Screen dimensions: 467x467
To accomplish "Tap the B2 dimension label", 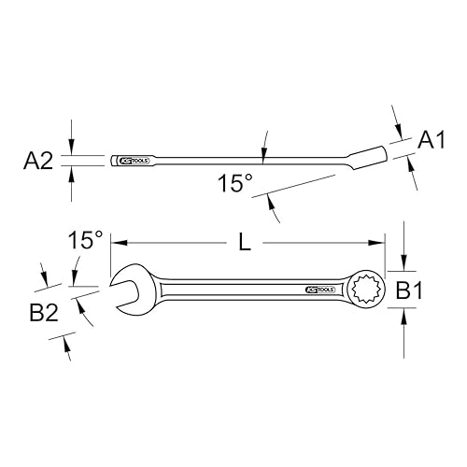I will point(45,311).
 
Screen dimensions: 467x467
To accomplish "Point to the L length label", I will point(245,243).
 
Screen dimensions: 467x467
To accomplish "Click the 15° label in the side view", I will point(235,185).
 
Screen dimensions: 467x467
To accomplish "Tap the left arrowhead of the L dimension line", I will point(117,243).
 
